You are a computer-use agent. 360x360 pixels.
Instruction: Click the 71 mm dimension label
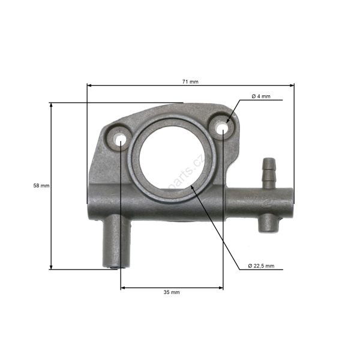[x=190, y=81]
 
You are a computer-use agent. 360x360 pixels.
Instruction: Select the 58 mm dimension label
[x=41, y=185]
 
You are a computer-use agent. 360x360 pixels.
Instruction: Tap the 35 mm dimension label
[x=172, y=292]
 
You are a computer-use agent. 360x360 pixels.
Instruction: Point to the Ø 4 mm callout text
[x=260, y=96]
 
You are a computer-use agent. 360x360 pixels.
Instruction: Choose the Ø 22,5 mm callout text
[x=261, y=266]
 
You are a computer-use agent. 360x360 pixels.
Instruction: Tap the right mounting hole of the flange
[x=223, y=128]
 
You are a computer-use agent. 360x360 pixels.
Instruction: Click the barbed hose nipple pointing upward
[x=268, y=170]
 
